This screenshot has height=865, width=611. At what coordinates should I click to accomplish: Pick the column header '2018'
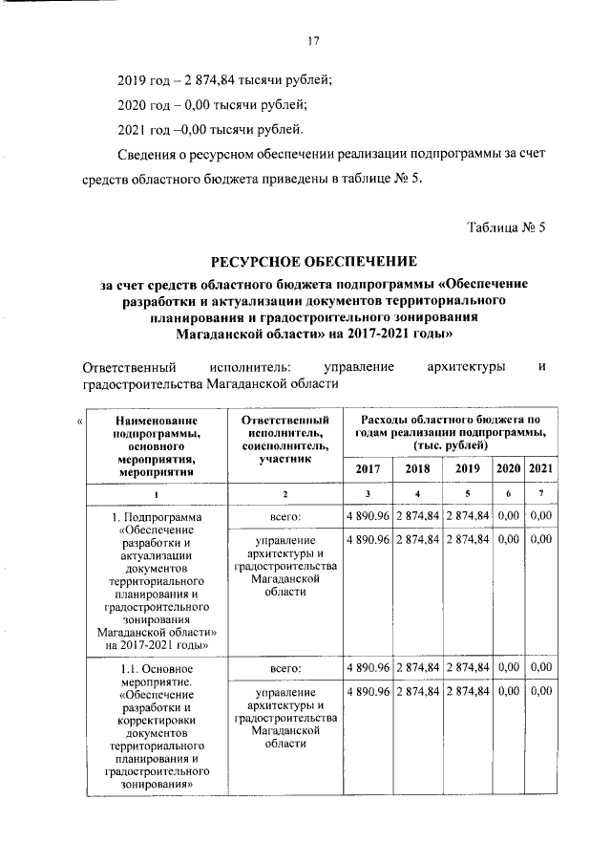[x=417, y=468]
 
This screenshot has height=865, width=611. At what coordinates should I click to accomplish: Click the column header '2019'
[x=467, y=468]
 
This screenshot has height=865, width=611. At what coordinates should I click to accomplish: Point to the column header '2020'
[x=508, y=468]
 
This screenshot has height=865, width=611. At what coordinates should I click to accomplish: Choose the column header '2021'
[x=540, y=468]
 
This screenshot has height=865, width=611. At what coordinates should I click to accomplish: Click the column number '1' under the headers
[x=156, y=493]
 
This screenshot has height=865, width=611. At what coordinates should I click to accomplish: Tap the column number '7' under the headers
[x=540, y=493]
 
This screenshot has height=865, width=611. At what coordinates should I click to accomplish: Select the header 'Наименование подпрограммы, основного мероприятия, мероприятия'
[x=156, y=445]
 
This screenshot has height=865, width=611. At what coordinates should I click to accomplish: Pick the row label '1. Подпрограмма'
[x=156, y=517]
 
